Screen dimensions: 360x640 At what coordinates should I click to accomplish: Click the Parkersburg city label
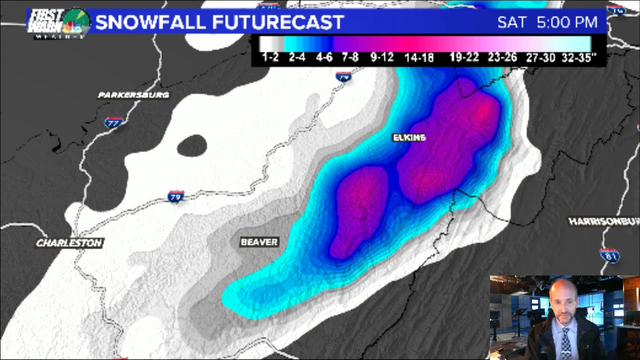133,95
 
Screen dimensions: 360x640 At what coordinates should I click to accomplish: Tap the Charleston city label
69,243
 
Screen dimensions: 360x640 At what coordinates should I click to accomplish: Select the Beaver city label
259,242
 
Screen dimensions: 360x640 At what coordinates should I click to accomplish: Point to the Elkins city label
409,137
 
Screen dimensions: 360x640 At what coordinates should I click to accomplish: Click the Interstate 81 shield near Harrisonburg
609,255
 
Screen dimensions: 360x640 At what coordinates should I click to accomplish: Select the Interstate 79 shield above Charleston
175,196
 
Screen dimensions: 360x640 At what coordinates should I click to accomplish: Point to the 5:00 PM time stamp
567,22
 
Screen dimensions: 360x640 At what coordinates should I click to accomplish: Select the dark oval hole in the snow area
192,145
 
